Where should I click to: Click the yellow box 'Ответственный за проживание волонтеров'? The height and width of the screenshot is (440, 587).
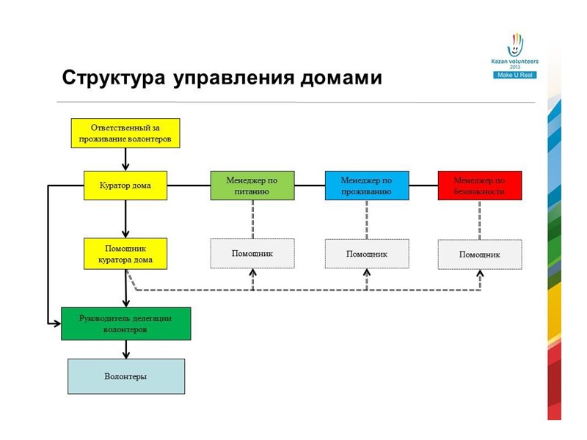125,133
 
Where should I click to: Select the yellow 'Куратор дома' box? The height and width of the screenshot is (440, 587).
125,186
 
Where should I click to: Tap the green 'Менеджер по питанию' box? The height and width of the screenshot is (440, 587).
252,186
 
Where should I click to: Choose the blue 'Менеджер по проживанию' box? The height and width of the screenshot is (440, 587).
367,186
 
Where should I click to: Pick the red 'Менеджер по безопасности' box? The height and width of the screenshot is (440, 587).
480,186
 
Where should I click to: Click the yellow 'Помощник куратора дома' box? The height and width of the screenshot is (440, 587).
125,254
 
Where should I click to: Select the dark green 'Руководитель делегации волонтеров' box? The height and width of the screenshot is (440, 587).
125,323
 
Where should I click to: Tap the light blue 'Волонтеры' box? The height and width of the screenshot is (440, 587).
125,376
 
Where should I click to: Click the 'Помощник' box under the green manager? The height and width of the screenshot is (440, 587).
252,254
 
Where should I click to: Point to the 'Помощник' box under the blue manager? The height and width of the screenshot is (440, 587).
367,254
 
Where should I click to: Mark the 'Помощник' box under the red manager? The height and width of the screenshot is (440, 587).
480,254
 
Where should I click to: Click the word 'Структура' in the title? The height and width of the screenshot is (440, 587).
114,78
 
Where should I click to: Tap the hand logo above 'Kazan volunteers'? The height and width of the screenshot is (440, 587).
516,45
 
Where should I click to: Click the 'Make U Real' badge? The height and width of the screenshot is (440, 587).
515,75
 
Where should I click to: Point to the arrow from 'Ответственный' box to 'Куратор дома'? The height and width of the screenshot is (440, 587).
125,159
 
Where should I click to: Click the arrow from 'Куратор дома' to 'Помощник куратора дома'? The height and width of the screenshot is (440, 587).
125,219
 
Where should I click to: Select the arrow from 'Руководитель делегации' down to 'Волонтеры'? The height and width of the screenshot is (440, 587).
125,349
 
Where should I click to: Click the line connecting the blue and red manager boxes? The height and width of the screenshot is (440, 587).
423,186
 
